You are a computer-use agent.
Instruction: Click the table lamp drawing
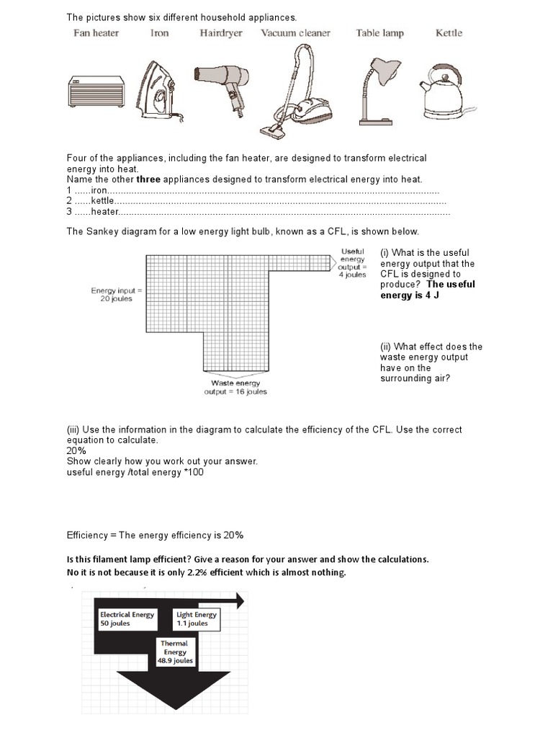[379, 85]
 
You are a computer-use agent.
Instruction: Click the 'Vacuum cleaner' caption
[295, 33]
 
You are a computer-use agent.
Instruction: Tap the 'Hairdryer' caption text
[221, 33]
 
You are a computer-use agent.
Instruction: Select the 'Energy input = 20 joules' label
[117, 294]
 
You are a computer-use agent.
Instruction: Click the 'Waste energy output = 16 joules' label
[235, 387]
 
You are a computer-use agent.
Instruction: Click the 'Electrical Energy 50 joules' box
[126, 618]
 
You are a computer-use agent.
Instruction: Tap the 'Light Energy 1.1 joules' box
[195, 618]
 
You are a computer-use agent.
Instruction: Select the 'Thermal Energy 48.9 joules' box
[175, 652]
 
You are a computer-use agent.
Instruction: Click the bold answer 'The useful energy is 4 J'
[428, 290]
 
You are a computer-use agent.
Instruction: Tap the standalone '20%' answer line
[76, 450]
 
